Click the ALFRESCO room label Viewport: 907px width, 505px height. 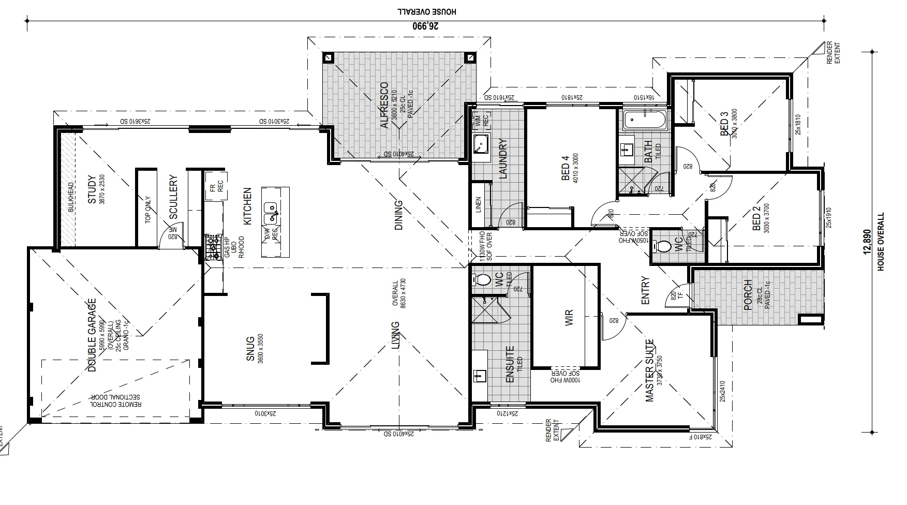pyautogui.click(x=384, y=105)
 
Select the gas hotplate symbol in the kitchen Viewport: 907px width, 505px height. pyautogui.click(x=213, y=247)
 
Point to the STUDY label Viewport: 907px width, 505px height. pyautogui.click(x=92, y=190)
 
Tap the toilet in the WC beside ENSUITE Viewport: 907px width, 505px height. pyautogui.click(x=482, y=280)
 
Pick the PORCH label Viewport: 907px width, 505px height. pyautogui.click(x=748, y=295)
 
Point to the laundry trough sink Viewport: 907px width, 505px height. pyautogui.click(x=481, y=143)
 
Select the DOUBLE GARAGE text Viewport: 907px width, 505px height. pyautogui.click(x=92, y=335)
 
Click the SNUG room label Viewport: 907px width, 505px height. pyautogui.click(x=249, y=348)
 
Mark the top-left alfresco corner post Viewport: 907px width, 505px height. pyautogui.click(x=328, y=57)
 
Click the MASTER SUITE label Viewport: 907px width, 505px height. pyautogui.click(x=650, y=370)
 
